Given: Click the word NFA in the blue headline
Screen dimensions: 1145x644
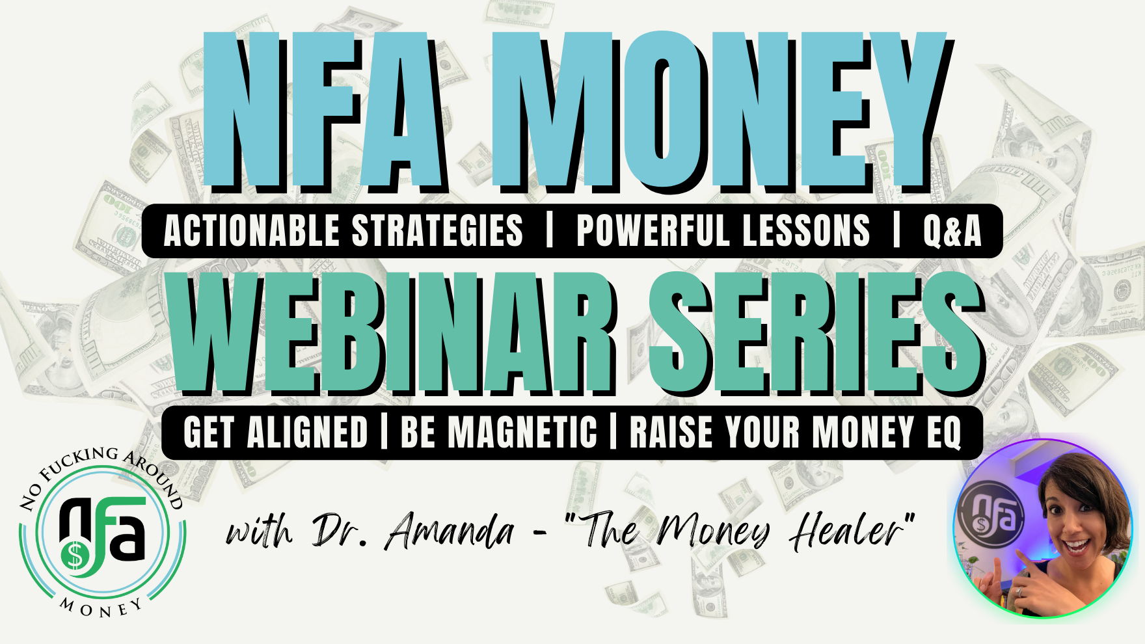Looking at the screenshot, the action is (326, 111).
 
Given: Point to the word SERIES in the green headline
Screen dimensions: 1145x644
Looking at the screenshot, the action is (817, 332).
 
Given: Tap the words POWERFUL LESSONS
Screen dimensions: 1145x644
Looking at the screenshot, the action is (723, 231).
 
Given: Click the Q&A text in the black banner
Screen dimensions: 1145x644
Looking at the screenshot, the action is (952, 231).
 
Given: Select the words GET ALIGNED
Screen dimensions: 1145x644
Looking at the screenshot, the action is (276, 433).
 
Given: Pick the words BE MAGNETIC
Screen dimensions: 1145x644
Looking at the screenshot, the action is (498, 433).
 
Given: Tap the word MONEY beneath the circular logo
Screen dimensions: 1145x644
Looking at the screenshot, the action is (101, 608).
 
